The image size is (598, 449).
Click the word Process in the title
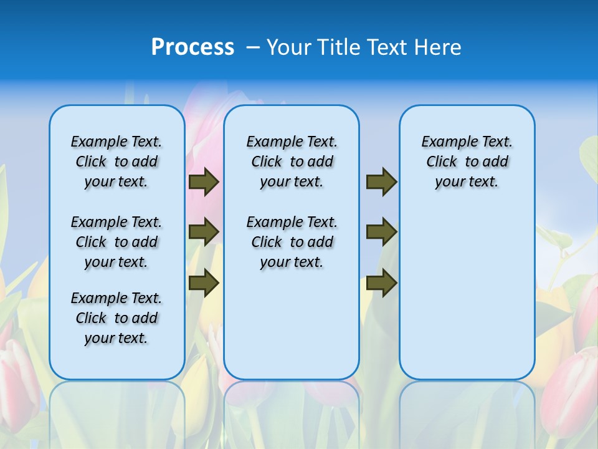coord(192,47)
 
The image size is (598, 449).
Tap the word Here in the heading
coord(440,47)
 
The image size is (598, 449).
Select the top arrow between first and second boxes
coord(204,182)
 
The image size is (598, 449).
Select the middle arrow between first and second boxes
coord(204,232)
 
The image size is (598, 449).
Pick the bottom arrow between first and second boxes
coord(204,282)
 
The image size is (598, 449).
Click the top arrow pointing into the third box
coord(381,182)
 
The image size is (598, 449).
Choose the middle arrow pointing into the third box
coord(381,232)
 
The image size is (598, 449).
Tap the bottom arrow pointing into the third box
coord(381,282)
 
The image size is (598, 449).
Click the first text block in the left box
coord(116,162)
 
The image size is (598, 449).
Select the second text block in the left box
coord(116,242)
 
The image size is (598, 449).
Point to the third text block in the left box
coord(116,318)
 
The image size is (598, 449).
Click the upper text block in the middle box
coord(292,162)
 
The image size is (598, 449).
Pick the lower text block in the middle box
coord(292,242)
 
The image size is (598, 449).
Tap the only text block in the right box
coord(467,162)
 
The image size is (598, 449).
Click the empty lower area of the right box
coord(467,299)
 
